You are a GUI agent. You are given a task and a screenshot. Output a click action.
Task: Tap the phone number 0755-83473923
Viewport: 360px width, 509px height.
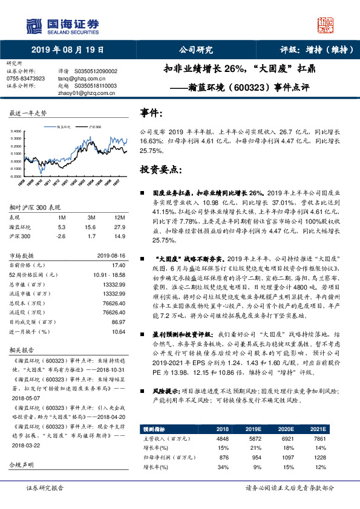click(25, 79)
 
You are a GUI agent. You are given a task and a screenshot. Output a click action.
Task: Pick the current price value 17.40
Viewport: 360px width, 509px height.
click(118, 264)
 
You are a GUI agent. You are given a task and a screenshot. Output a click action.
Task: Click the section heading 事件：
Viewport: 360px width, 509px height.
click(151, 113)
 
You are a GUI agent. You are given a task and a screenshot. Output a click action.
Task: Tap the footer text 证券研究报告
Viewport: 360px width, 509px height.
click(44, 487)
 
